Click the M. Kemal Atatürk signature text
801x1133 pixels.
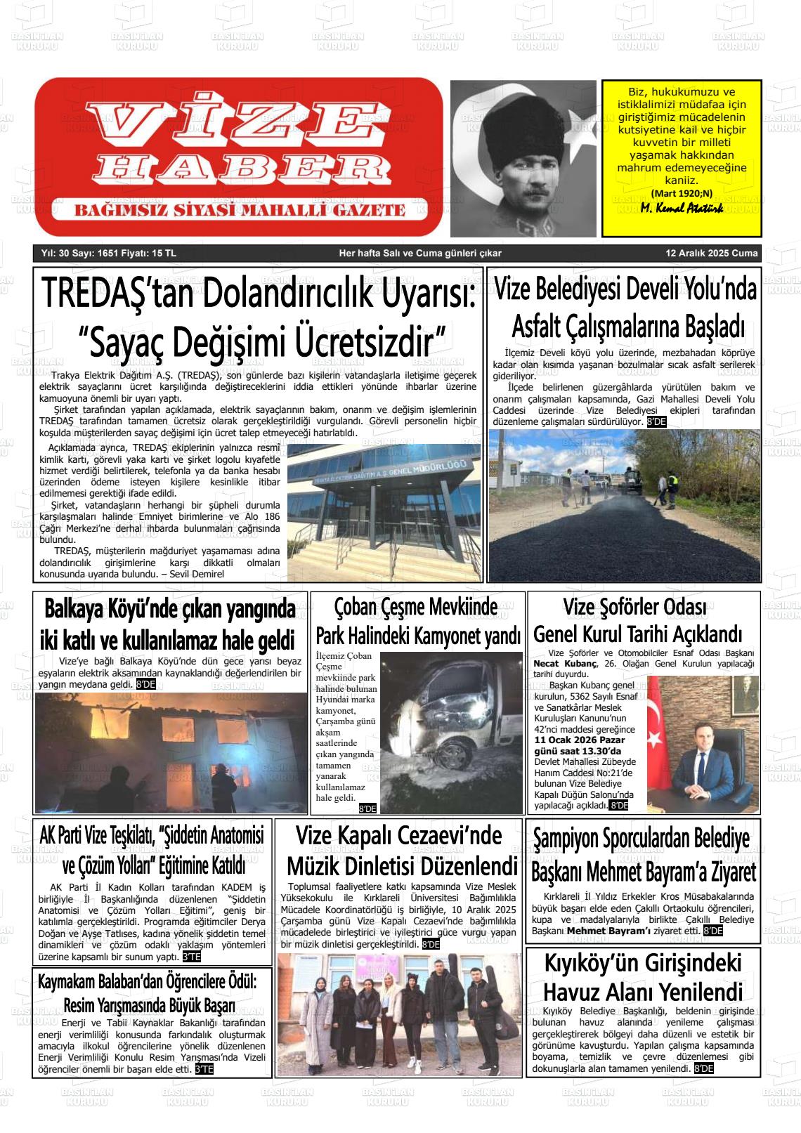point(682,209)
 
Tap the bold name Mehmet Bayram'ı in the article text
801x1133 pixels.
point(609,931)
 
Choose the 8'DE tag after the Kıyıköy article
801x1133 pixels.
point(703,1068)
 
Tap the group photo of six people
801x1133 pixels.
point(398,1016)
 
